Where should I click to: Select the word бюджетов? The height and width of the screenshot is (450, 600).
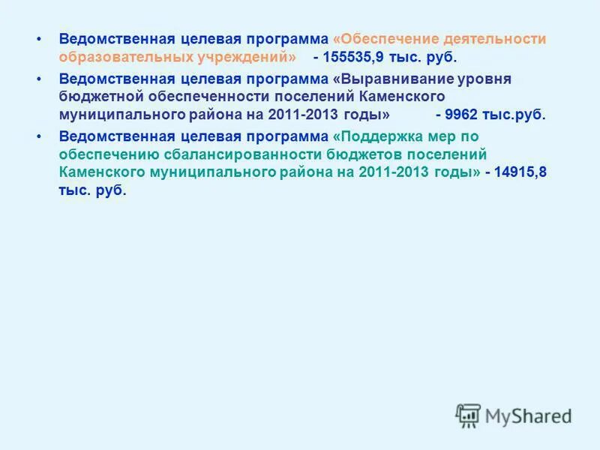pyautogui.click(x=387, y=154)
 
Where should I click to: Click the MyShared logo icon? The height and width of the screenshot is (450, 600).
pyautogui.click(x=468, y=415)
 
